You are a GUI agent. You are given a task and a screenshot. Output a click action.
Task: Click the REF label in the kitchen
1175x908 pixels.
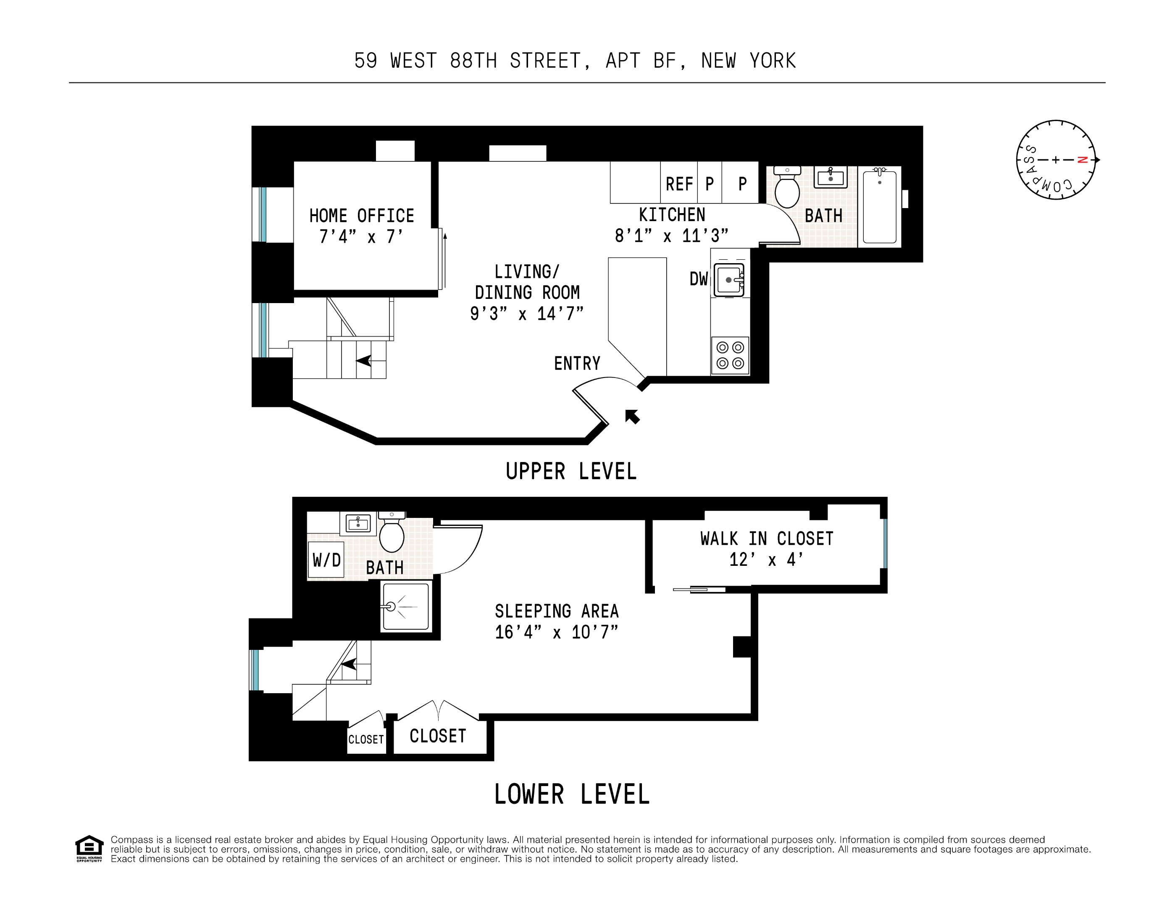679,184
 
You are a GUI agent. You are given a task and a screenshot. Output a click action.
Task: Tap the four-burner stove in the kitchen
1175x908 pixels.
730,355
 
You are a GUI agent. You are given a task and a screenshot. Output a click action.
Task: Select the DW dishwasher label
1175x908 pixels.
698,279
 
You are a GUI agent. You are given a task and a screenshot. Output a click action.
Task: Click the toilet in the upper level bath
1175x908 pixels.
787,188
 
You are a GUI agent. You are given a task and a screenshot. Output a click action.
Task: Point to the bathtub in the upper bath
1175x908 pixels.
880,207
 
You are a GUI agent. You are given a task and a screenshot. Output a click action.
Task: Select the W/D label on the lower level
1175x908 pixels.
326,560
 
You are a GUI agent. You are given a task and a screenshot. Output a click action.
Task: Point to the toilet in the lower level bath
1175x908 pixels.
392,534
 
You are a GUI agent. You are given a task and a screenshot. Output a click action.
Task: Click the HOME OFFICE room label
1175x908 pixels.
362,216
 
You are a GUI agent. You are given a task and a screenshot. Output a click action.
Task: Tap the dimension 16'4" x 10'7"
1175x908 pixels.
556,632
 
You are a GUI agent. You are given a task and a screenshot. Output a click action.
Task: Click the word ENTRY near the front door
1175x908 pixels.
577,363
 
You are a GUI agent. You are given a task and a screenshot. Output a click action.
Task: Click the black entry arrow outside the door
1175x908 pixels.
632,416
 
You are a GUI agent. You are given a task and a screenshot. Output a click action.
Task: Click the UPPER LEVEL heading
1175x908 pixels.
571,472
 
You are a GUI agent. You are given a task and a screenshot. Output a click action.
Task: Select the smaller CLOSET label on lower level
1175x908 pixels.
366,739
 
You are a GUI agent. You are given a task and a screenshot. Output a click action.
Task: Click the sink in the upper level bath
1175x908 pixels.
830,177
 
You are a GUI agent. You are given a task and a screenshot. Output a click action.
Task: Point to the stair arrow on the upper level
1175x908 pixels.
364,360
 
